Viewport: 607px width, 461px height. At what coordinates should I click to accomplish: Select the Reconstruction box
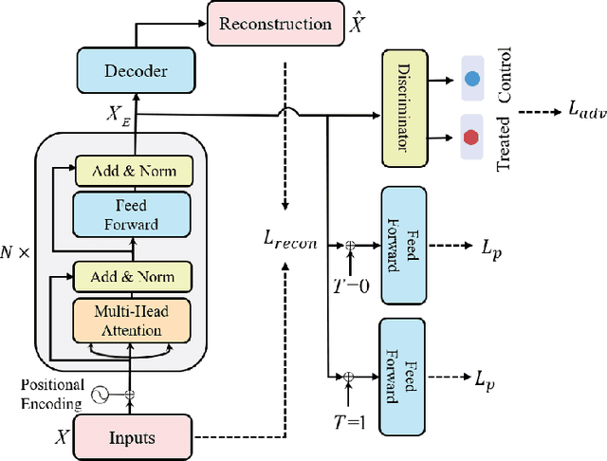[x=274, y=23]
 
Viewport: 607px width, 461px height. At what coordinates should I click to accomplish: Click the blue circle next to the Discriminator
[x=471, y=83]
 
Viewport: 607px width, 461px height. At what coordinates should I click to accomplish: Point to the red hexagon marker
[x=471, y=138]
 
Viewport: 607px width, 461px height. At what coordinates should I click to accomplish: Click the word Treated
[x=504, y=138]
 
